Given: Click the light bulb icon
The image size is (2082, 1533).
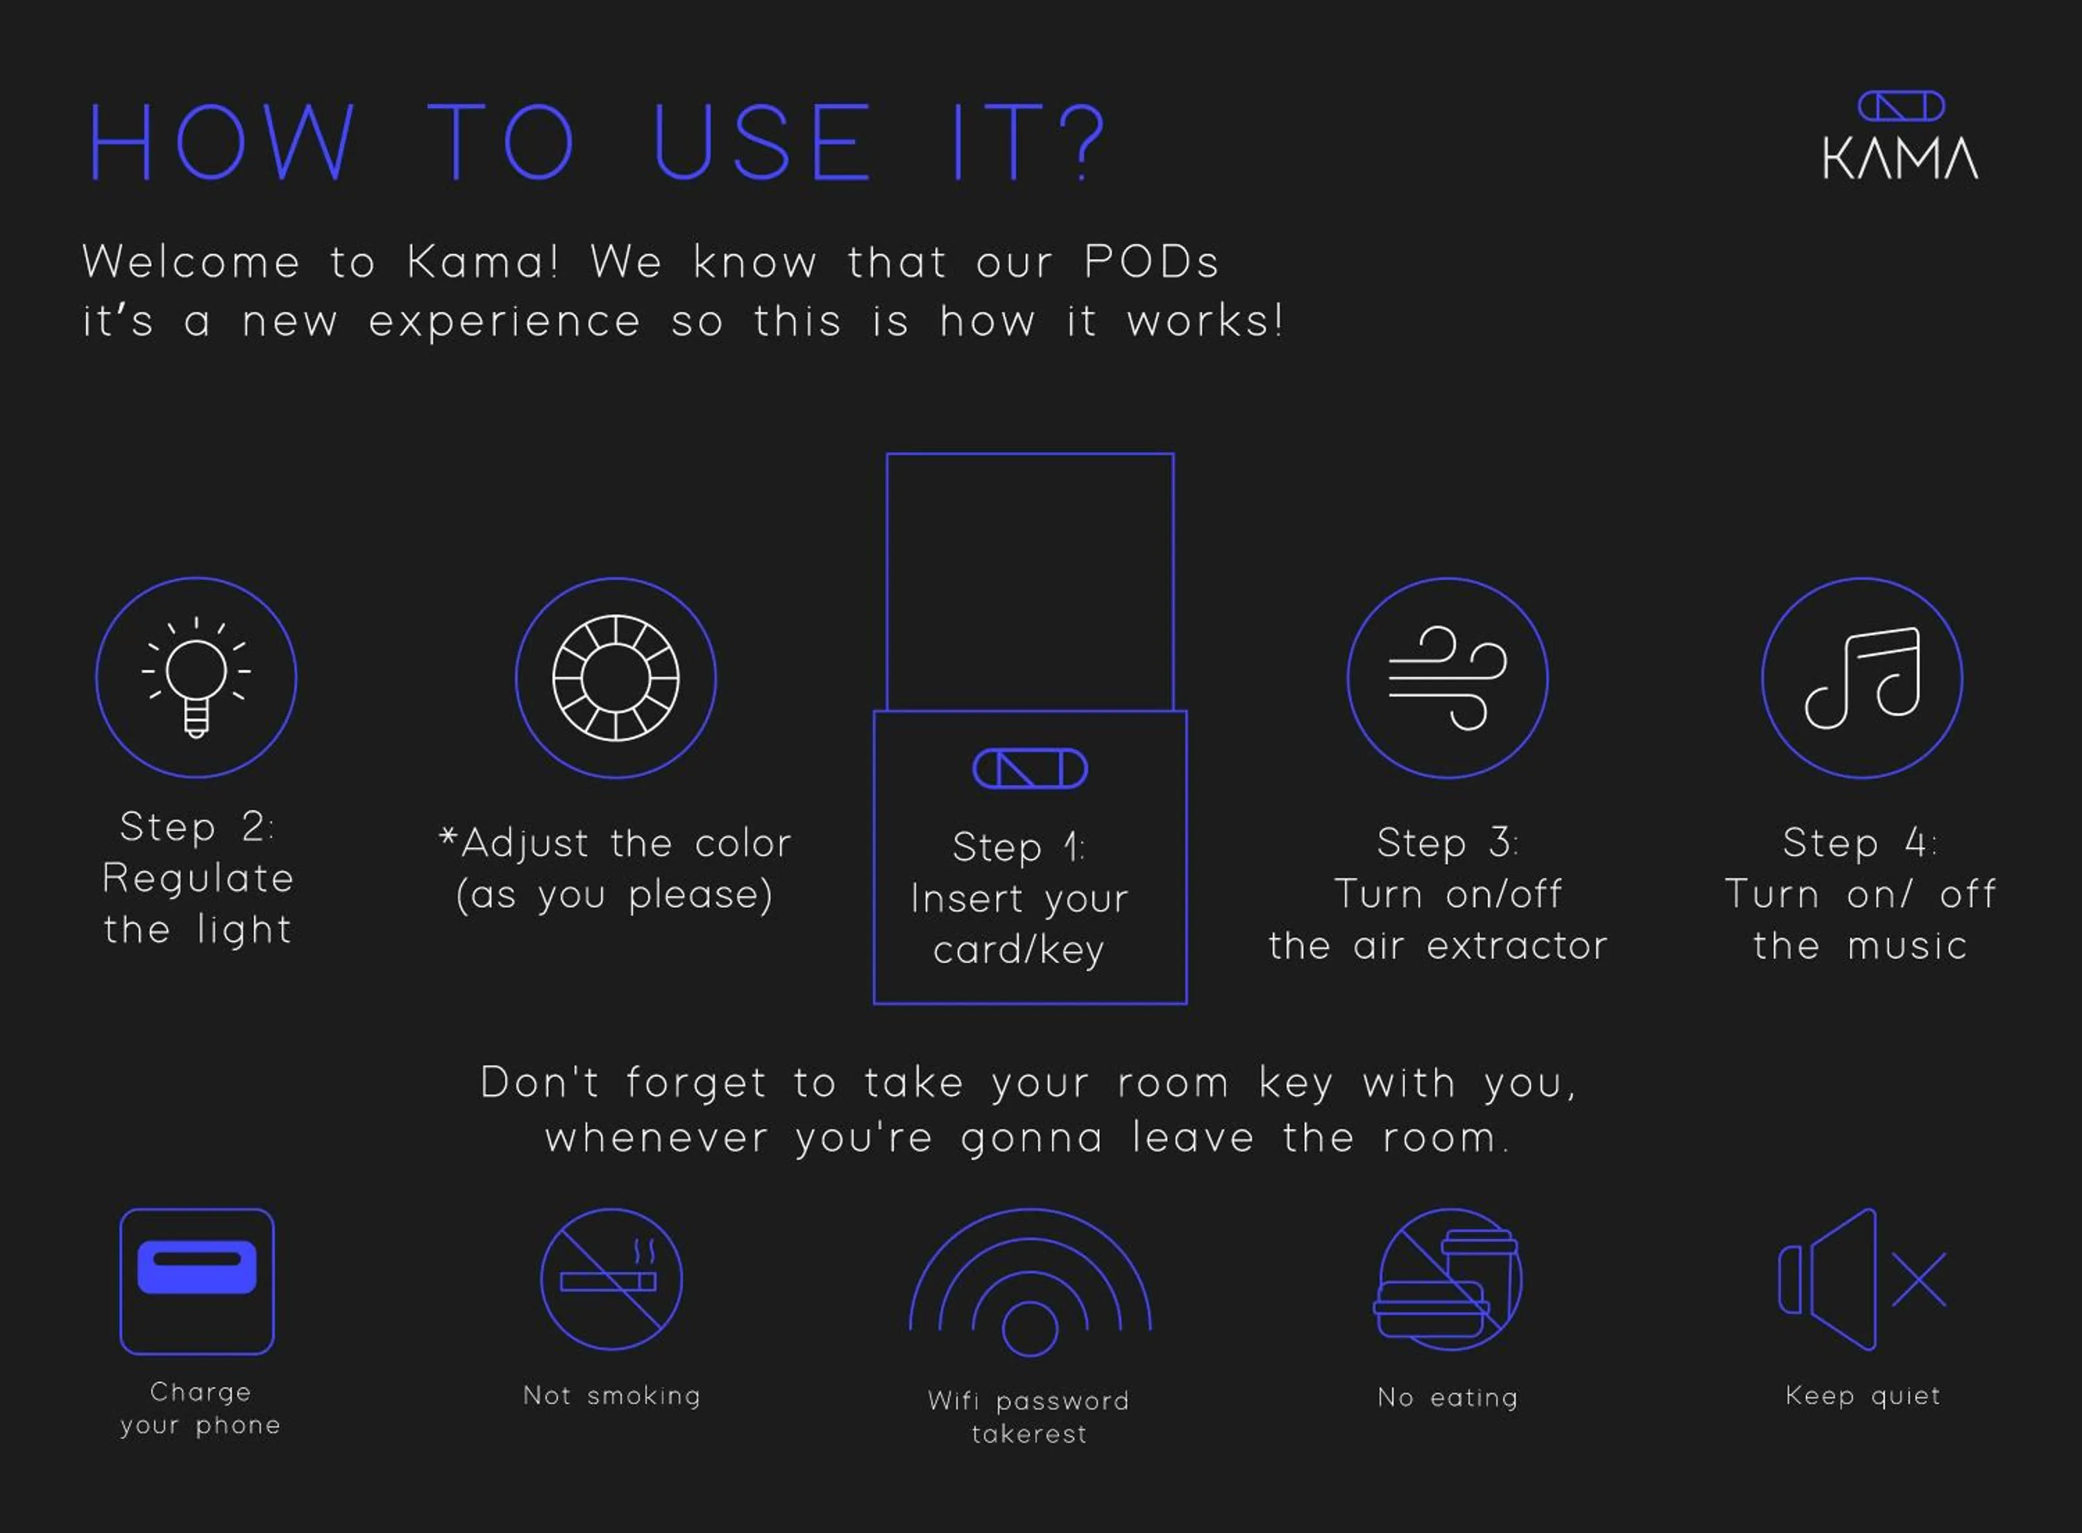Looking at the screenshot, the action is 196,678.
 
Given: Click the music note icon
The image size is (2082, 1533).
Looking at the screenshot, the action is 1862,678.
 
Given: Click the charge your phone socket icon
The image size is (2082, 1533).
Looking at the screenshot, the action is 197,1281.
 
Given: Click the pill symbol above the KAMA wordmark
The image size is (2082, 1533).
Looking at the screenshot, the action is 1901,106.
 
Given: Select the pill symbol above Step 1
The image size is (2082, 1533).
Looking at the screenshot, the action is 1029,769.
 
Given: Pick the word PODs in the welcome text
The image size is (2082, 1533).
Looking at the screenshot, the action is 1151,262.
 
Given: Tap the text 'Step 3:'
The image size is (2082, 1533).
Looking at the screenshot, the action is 1447,843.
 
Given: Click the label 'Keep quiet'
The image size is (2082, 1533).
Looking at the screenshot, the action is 1862,1396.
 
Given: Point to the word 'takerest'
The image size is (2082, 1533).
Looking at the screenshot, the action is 1029,1434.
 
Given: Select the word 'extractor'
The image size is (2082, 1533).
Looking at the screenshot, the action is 1516,945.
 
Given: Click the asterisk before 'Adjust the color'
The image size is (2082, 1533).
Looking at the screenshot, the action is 448,836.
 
